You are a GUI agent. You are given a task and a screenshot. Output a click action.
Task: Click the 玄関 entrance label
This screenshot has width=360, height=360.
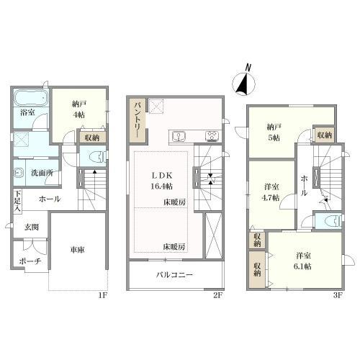(32, 228)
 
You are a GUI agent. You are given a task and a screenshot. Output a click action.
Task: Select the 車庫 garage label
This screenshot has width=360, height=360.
(77, 251)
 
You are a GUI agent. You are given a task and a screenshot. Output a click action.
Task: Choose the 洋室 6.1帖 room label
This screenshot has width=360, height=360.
(303, 261)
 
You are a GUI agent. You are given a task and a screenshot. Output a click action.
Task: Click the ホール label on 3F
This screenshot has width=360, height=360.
(304, 186)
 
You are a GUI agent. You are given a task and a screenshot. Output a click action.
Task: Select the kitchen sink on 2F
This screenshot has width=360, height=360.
(178, 137)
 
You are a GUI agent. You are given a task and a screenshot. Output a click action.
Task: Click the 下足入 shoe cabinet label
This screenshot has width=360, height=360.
(17, 199)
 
